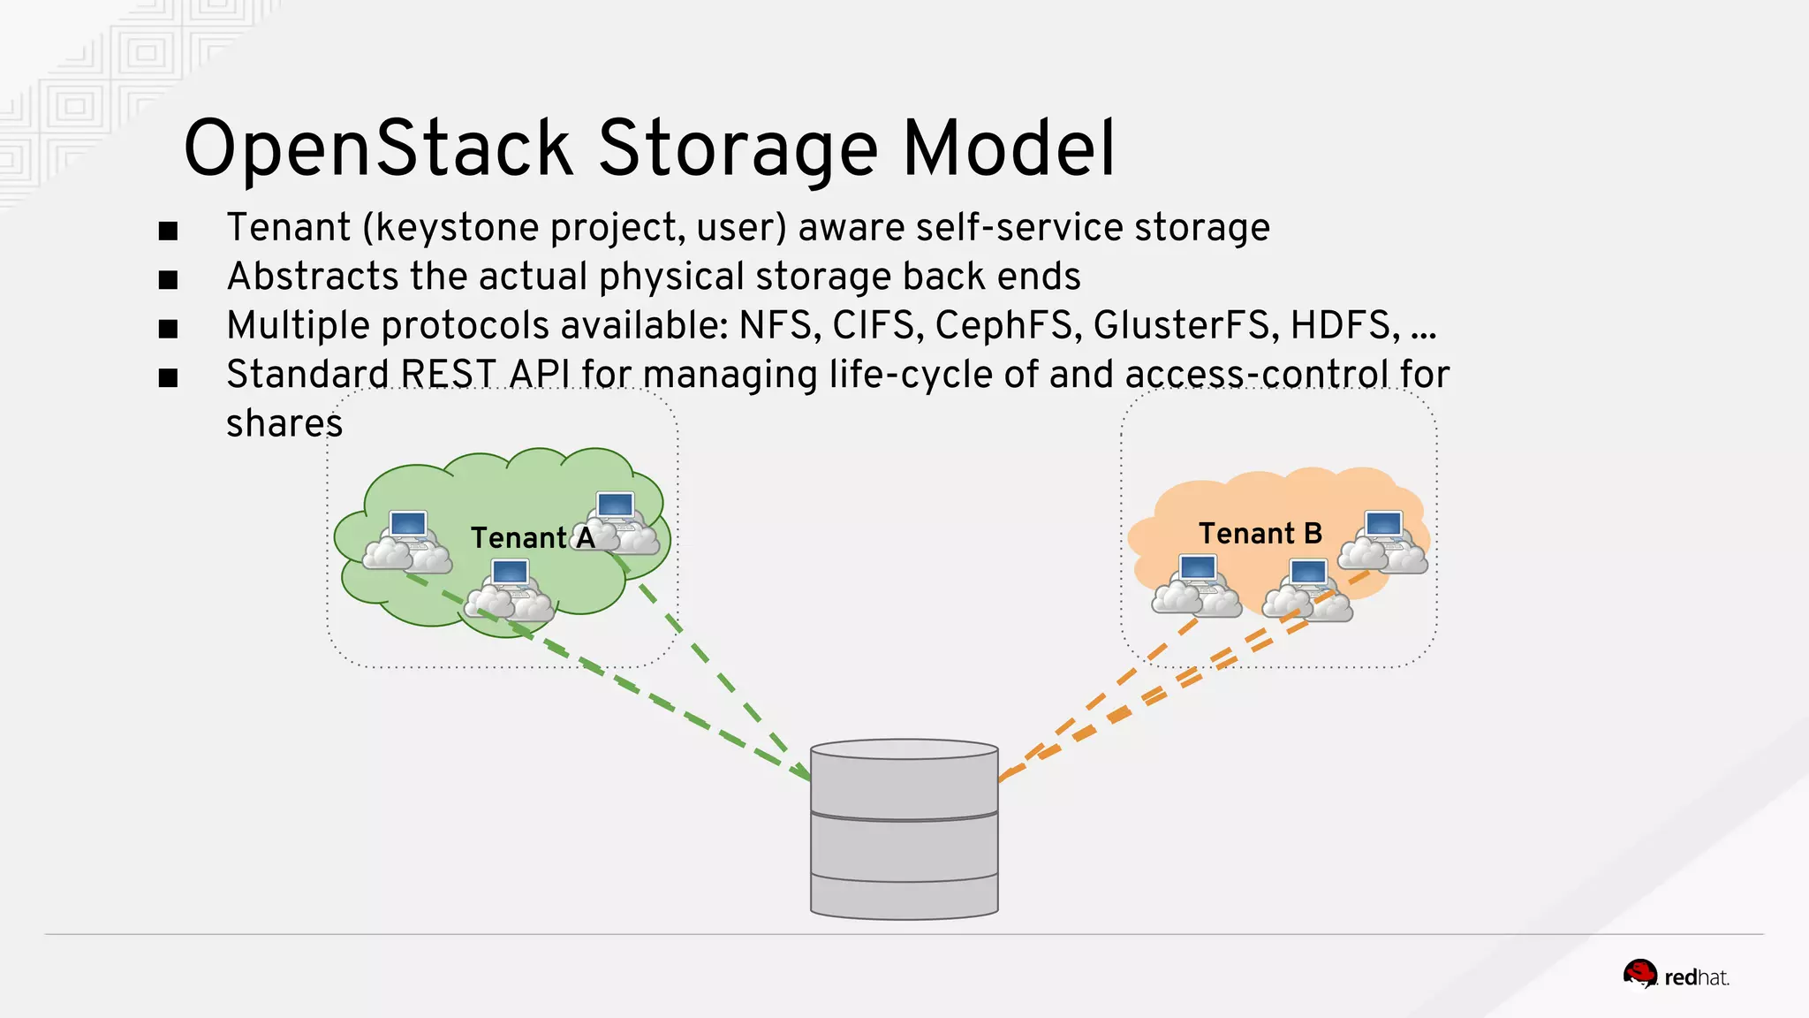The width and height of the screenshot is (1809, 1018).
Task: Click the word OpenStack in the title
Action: click(x=378, y=148)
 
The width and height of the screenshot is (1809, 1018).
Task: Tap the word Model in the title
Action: click(x=1009, y=148)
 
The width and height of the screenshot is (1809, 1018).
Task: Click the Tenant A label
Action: click(x=533, y=537)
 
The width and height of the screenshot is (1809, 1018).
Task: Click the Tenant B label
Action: click(x=1260, y=533)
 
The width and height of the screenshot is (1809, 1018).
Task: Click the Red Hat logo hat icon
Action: click(x=1640, y=975)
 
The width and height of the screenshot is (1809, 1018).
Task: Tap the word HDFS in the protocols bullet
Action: click(x=1344, y=325)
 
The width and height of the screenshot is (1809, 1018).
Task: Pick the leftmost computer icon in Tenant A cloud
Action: click(x=408, y=539)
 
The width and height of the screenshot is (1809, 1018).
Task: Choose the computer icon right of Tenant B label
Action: click(x=1383, y=541)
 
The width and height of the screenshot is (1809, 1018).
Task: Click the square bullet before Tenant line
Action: click(x=168, y=232)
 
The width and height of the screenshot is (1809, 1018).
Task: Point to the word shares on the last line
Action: click(x=284, y=423)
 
